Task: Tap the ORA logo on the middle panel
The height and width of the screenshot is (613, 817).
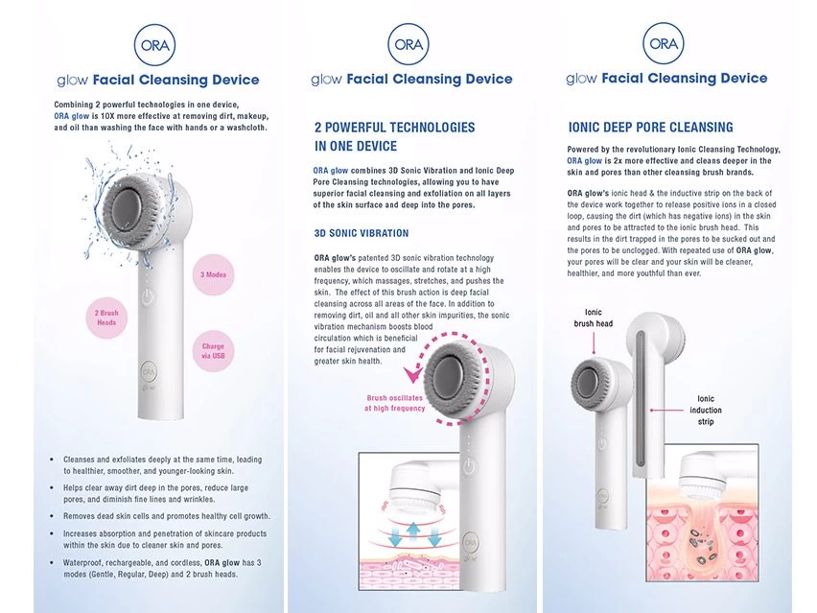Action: coord(408,44)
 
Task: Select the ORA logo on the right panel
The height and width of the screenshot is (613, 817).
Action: coord(663,44)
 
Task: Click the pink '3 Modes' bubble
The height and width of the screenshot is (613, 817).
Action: coord(213,274)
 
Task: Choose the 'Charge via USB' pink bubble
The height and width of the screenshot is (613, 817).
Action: coord(213,352)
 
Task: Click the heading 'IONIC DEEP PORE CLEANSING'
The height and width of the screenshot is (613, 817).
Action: coord(650,128)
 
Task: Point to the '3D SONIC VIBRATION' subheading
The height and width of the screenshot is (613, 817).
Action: coord(361,233)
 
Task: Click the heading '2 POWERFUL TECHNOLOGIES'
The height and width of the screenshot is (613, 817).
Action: coord(394,128)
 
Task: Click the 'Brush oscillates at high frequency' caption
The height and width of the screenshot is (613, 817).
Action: coord(394,403)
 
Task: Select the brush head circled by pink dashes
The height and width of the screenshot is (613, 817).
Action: coord(456,375)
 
